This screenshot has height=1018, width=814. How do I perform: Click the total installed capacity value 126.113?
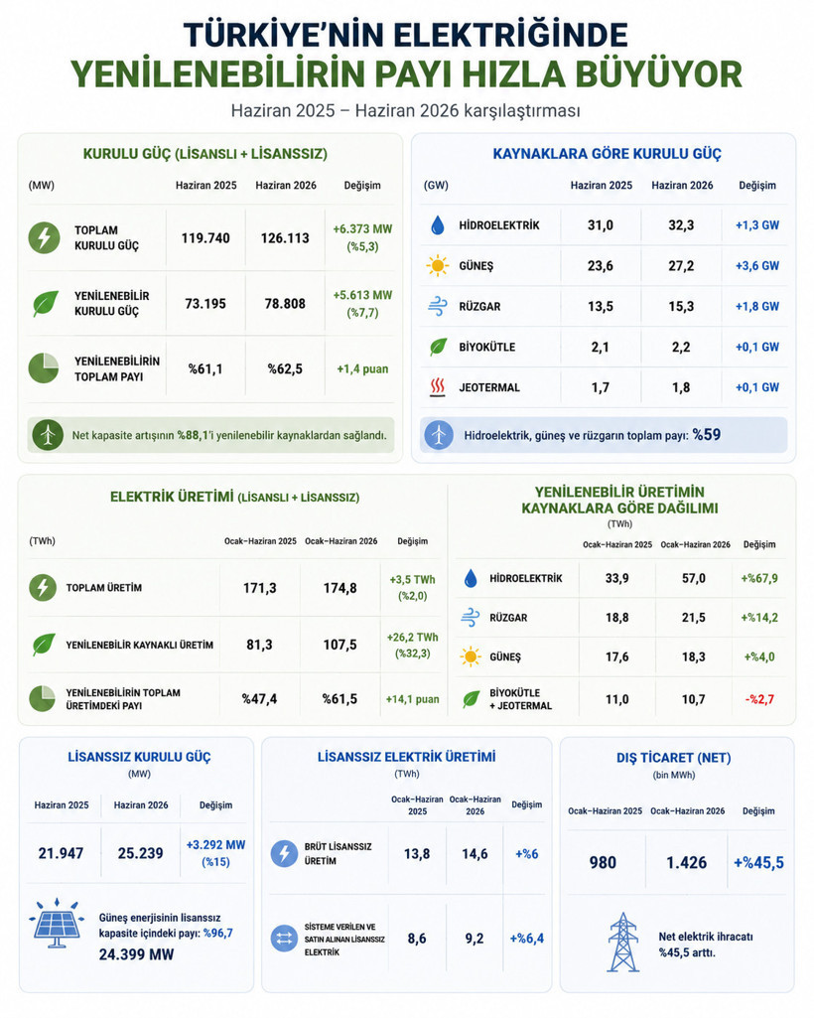click(x=285, y=238)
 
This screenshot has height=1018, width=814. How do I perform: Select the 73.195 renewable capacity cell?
click(x=205, y=303)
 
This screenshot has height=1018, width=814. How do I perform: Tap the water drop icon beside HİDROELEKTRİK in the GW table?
click(x=438, y=225)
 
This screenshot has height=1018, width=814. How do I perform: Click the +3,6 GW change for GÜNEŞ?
click(x=756, y=265)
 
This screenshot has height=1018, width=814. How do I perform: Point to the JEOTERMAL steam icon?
click(x=438, y=387)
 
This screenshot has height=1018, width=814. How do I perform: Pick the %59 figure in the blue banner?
click(x=706, y=434)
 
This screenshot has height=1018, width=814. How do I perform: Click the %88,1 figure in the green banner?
click(x=193, y=435)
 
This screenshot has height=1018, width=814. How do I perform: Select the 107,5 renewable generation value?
click(x=340, y=645)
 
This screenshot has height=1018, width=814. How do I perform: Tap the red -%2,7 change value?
click(x=759, y=699)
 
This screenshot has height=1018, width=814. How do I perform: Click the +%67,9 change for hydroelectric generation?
click(x=759, y=578)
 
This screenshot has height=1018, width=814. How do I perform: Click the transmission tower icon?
click(x=623, y=943)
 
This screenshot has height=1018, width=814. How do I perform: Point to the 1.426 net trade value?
click(x=686, y=862)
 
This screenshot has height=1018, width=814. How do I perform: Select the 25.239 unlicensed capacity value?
click(x=140, y=853)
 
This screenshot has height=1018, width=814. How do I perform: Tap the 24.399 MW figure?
click(x=136, y=954)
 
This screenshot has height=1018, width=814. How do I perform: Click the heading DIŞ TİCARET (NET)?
click(x=674, y=758)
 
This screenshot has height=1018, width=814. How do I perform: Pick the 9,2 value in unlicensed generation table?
click(x=475, y=939)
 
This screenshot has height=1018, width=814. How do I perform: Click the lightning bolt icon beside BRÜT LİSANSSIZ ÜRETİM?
click(x=284, y=854)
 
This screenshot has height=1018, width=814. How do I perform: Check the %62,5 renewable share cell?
click(x=285, y=368)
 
